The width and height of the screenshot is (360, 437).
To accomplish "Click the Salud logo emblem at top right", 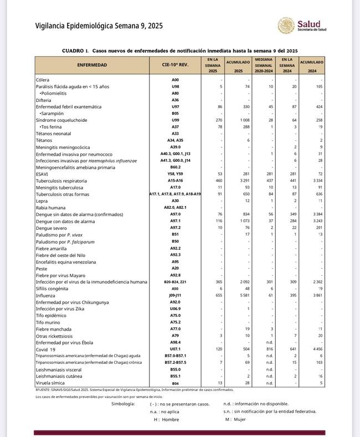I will point(286,25).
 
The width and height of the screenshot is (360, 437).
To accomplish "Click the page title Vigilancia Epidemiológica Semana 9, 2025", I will point(99,26).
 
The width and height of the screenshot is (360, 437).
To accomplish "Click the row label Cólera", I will point(43,80).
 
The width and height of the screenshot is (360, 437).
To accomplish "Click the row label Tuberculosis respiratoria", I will point(61,181).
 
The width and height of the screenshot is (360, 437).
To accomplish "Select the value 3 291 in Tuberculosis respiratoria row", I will point(242,181).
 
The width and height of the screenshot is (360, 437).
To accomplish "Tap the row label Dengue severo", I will point(53,228).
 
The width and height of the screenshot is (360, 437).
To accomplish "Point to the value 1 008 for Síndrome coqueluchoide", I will point(242,120).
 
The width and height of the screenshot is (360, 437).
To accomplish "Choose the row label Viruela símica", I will point(51,383).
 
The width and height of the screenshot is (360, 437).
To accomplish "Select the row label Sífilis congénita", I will point(55,288).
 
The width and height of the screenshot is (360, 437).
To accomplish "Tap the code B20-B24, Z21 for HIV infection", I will point(175,281).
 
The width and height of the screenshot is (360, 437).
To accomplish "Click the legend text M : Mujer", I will point(235,419).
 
